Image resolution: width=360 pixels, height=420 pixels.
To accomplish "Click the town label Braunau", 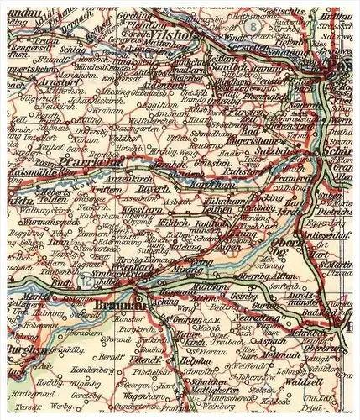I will (119, 307).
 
